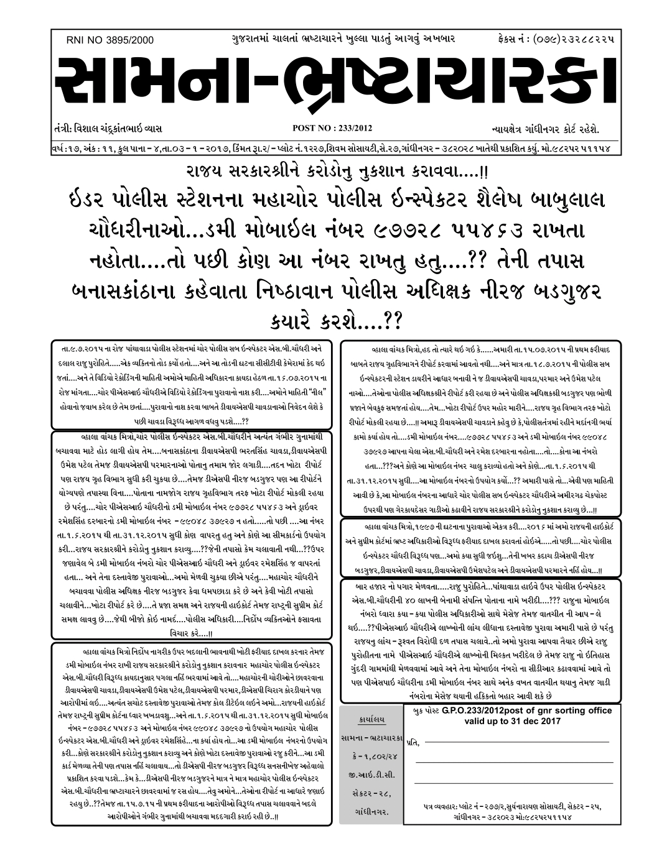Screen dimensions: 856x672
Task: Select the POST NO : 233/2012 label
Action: [332, 129]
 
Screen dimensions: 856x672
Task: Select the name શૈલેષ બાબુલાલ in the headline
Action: [536, 202]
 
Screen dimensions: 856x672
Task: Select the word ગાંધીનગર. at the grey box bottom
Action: [373, 812]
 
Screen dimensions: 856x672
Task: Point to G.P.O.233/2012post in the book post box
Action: [476, 711]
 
